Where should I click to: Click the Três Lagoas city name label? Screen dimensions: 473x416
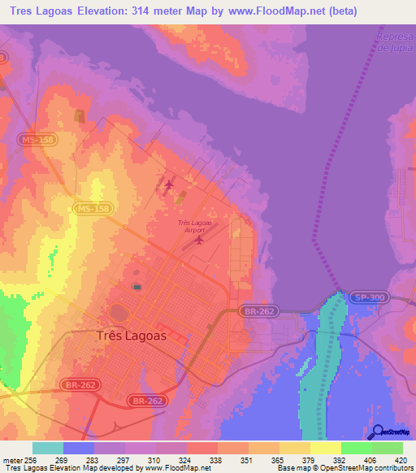point(131,335)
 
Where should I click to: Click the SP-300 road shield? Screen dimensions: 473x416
point(366,298)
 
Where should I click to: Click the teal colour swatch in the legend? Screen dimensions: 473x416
point(48,447)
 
